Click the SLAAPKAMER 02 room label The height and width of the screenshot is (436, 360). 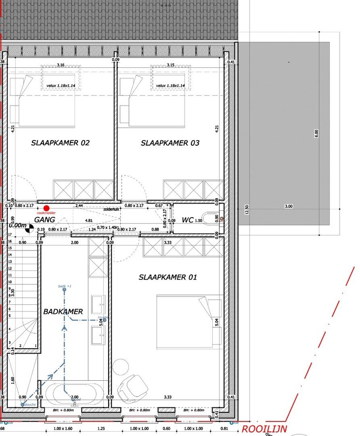pyautogui.click(x=60, y=143)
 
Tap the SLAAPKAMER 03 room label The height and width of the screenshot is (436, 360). pyautogui.click(x=170, y=143)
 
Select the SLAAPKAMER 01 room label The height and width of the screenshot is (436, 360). pyautogui.click(x=168, y=277)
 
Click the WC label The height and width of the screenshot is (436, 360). pyautogui.click(x=188, y=220)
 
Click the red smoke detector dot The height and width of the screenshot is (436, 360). pyautogui.click(x=46, y=208)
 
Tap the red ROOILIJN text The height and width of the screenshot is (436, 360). pyautogui.click(x=264, y=429)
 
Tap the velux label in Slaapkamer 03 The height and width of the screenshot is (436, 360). pyautogui.click(x=170, y=86)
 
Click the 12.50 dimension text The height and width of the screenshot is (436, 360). pyautogui.click(x=247, y=209)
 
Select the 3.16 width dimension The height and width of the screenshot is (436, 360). pyautogui.click(x=61, y=64)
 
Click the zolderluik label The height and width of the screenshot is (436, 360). pyautogui.click(x=111, y=209)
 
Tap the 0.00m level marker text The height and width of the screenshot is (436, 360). pyautogui.click(x=17, y=225)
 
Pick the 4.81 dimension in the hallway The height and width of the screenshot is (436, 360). pyautogui.click(x=89, y=220)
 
